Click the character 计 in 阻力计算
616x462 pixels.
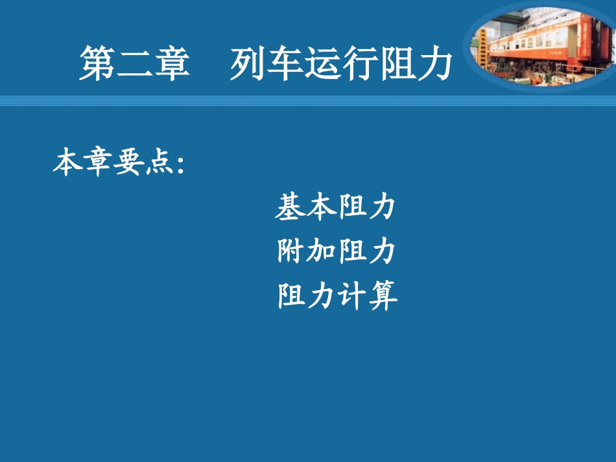(x=351, y=296)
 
